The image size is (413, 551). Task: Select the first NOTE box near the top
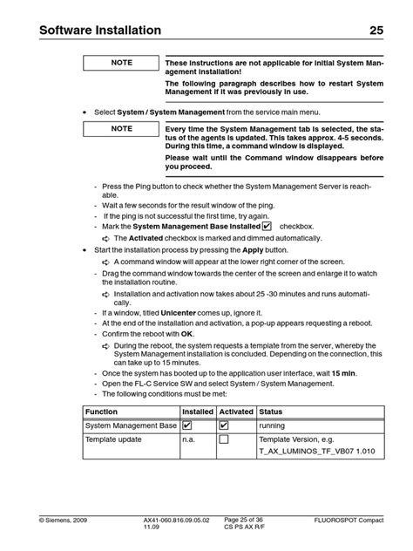(120, 64)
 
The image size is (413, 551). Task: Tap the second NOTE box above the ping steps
(120, 128)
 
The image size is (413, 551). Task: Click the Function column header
(102, 412)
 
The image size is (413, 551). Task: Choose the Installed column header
(198, 412)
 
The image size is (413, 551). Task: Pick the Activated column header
(236, 412)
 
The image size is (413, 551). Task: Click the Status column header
(271, 412)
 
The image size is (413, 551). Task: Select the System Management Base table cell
(131, 425)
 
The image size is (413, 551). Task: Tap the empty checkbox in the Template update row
(224, 440)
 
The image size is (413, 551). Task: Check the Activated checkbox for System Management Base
(224, 425)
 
